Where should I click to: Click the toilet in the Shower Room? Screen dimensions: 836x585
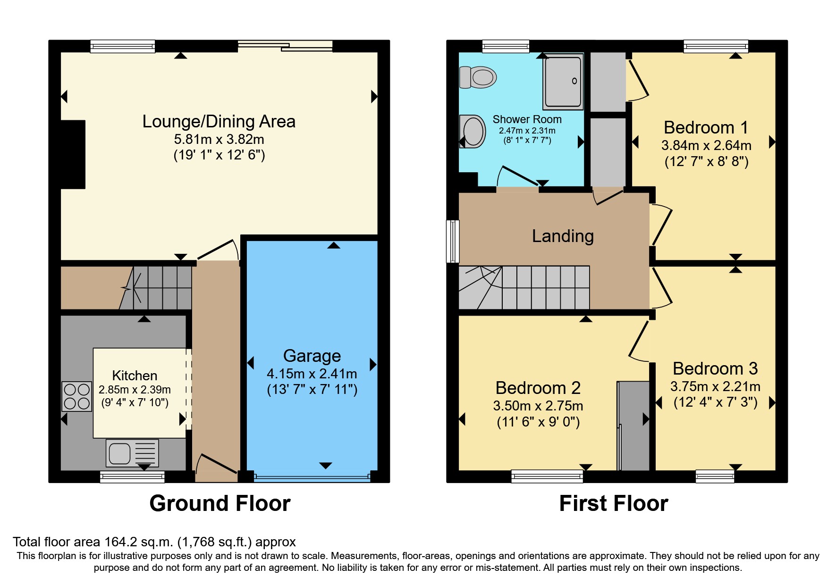[478, 77]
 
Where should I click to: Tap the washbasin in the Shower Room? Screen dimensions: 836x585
[473, 131]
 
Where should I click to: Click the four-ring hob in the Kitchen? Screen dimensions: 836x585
[77, 396]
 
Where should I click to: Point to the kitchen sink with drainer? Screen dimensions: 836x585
[132, 453]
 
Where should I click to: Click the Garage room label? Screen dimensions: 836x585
[312, 356]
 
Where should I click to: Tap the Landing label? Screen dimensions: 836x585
[563, 236]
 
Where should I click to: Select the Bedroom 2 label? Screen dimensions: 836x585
[538, 388]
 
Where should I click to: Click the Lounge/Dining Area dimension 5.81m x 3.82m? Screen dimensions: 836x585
[219, 139]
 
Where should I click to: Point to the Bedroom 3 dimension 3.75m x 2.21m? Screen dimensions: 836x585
[715, 386]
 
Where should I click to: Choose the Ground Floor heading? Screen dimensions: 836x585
[220, 503]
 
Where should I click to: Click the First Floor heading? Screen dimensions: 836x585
[614, 503]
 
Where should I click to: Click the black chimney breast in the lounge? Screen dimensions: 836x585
[73, 154]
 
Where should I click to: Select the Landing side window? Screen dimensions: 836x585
[453, 241]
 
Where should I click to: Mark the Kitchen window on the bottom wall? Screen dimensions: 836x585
[132, 477]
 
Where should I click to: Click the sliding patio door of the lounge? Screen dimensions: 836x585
[285, 46]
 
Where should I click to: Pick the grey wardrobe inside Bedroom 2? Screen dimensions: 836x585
[633, 426]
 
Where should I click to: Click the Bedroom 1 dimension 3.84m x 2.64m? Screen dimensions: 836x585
[706, 145]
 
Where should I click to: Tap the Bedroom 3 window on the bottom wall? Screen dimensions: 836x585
[715, 477]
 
